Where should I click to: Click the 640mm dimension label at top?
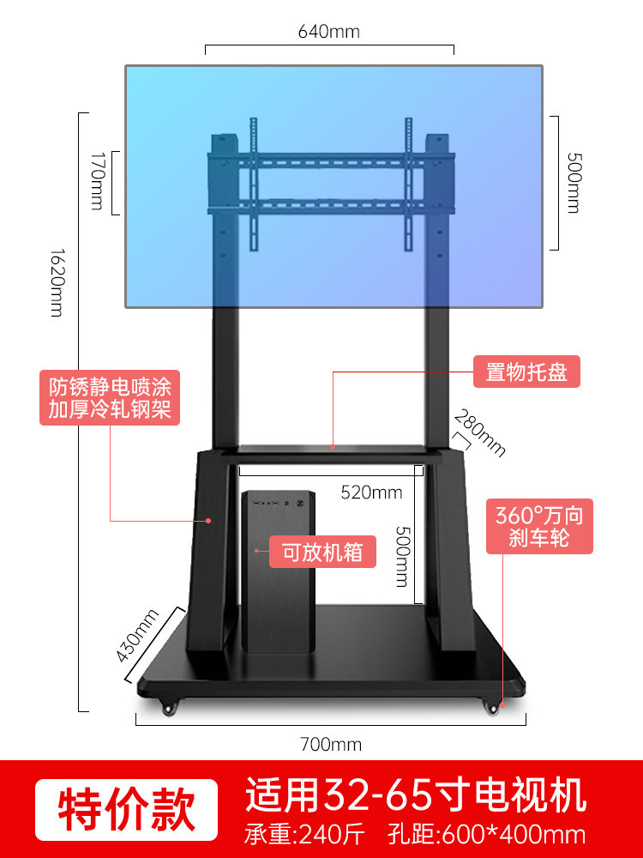pyautogui.click(x=329, y=33)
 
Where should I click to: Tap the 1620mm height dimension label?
pyautogui.click(x=57, y=282)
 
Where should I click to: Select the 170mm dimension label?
pyautogui.click(x=97, y=181)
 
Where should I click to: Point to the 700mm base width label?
pyautogui.click(x=331, y=744)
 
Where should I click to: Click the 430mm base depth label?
pyautogui.click(x=137, y=634)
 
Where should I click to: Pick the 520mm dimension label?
pyautogui.click(x=371, y=492)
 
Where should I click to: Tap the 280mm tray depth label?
pyautogui.click(x=480, y=434)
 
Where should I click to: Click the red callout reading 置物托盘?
pyautogui.click(x=527, y=373)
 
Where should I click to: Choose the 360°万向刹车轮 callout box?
pyautogui.click(x=539, y=528)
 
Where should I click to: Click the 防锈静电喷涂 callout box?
pyautogui.click(x=110, y=396)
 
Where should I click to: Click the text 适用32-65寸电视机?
pyautogui.click(x=416, y=795)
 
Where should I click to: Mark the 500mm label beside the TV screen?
pyautogui.click(x=572, y=183)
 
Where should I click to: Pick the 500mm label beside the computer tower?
pyautogui.click(x=400, y=555)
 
